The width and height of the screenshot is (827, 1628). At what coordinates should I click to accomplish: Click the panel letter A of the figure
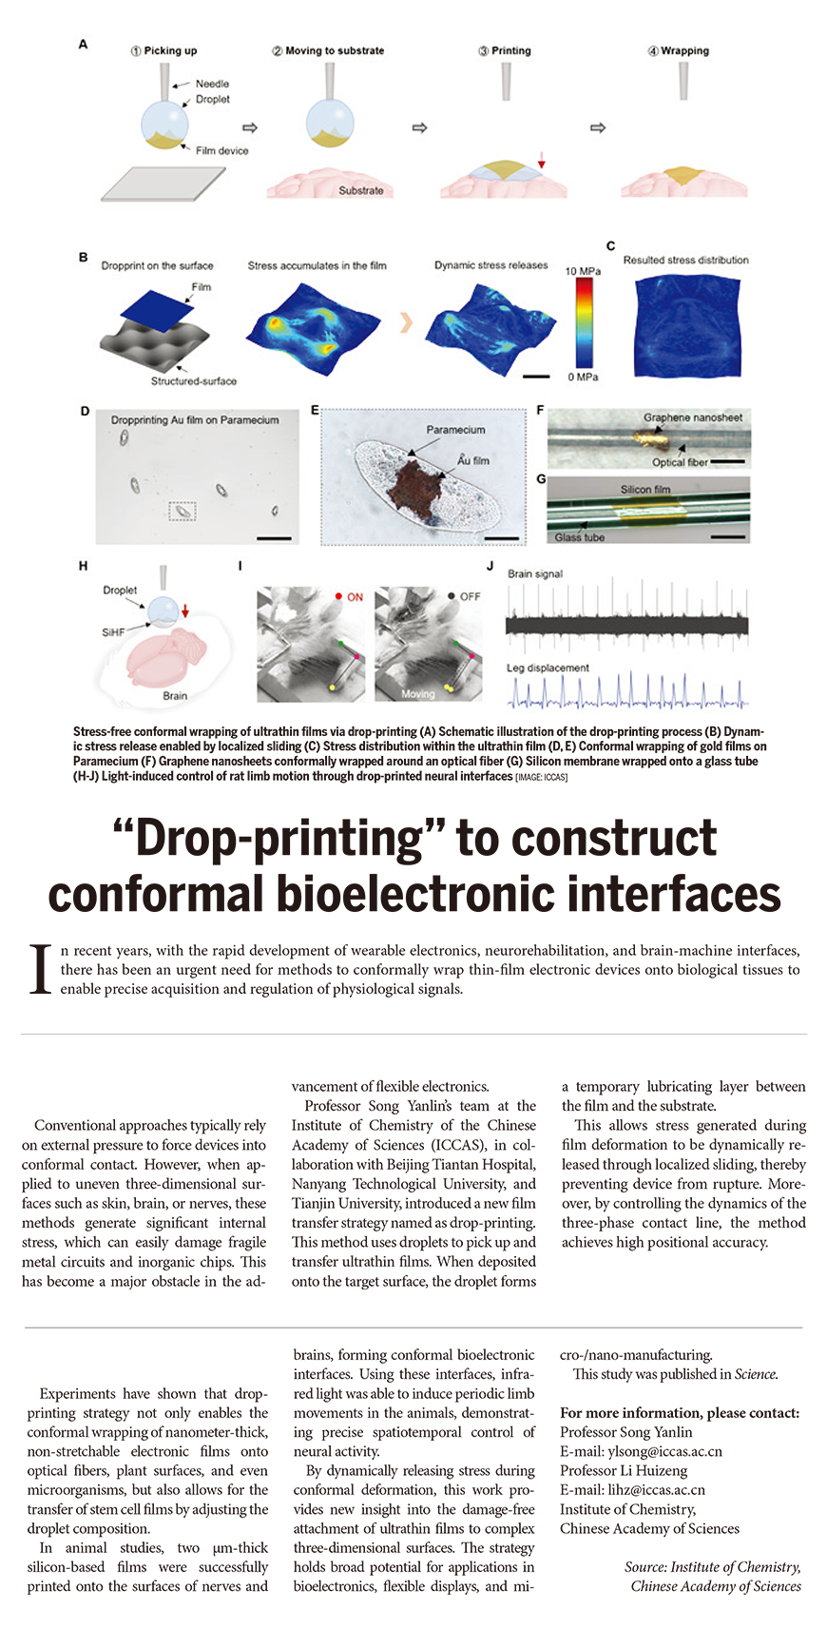tap(84, 44)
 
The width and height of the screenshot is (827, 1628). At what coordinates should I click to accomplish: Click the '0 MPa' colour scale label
tap(583, 378)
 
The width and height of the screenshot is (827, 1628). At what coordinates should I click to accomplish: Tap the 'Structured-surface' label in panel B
tap(194, 380)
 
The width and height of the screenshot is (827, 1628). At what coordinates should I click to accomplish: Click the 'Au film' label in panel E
tap(473, 460)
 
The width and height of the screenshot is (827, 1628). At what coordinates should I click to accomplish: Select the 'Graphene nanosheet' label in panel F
tap(693, 417)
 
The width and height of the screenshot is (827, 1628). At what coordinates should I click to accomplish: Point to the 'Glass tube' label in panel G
tap(580, 537)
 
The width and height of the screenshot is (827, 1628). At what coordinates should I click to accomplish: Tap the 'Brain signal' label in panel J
tap(535, 573)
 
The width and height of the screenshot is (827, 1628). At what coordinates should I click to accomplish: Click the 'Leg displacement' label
tap(548, 668)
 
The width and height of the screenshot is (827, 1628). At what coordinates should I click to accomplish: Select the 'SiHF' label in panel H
tap(113, 631)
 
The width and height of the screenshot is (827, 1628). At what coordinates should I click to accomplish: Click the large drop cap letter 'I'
tap(40, 969)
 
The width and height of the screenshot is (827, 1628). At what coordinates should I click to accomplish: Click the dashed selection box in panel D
tap(183, 512)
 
